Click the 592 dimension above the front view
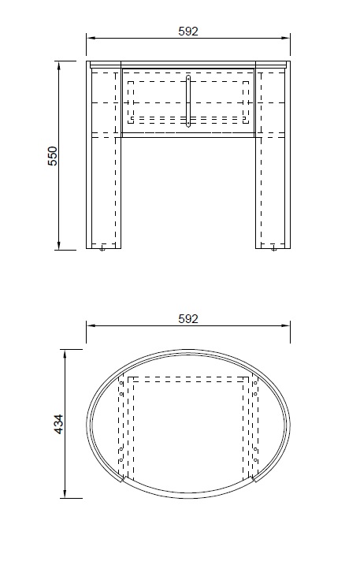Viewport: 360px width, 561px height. [x=188, y=31]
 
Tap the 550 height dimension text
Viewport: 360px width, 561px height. [x=53, y=155]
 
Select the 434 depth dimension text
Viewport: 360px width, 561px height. [x=58, y=424]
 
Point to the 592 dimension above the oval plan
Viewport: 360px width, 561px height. [x=188, y=318]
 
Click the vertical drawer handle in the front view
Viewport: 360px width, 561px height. [x=188, y=100]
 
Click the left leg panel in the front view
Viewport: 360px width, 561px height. [x=104, y=189]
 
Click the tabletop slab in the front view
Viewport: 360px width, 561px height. [x=188, y=64]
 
